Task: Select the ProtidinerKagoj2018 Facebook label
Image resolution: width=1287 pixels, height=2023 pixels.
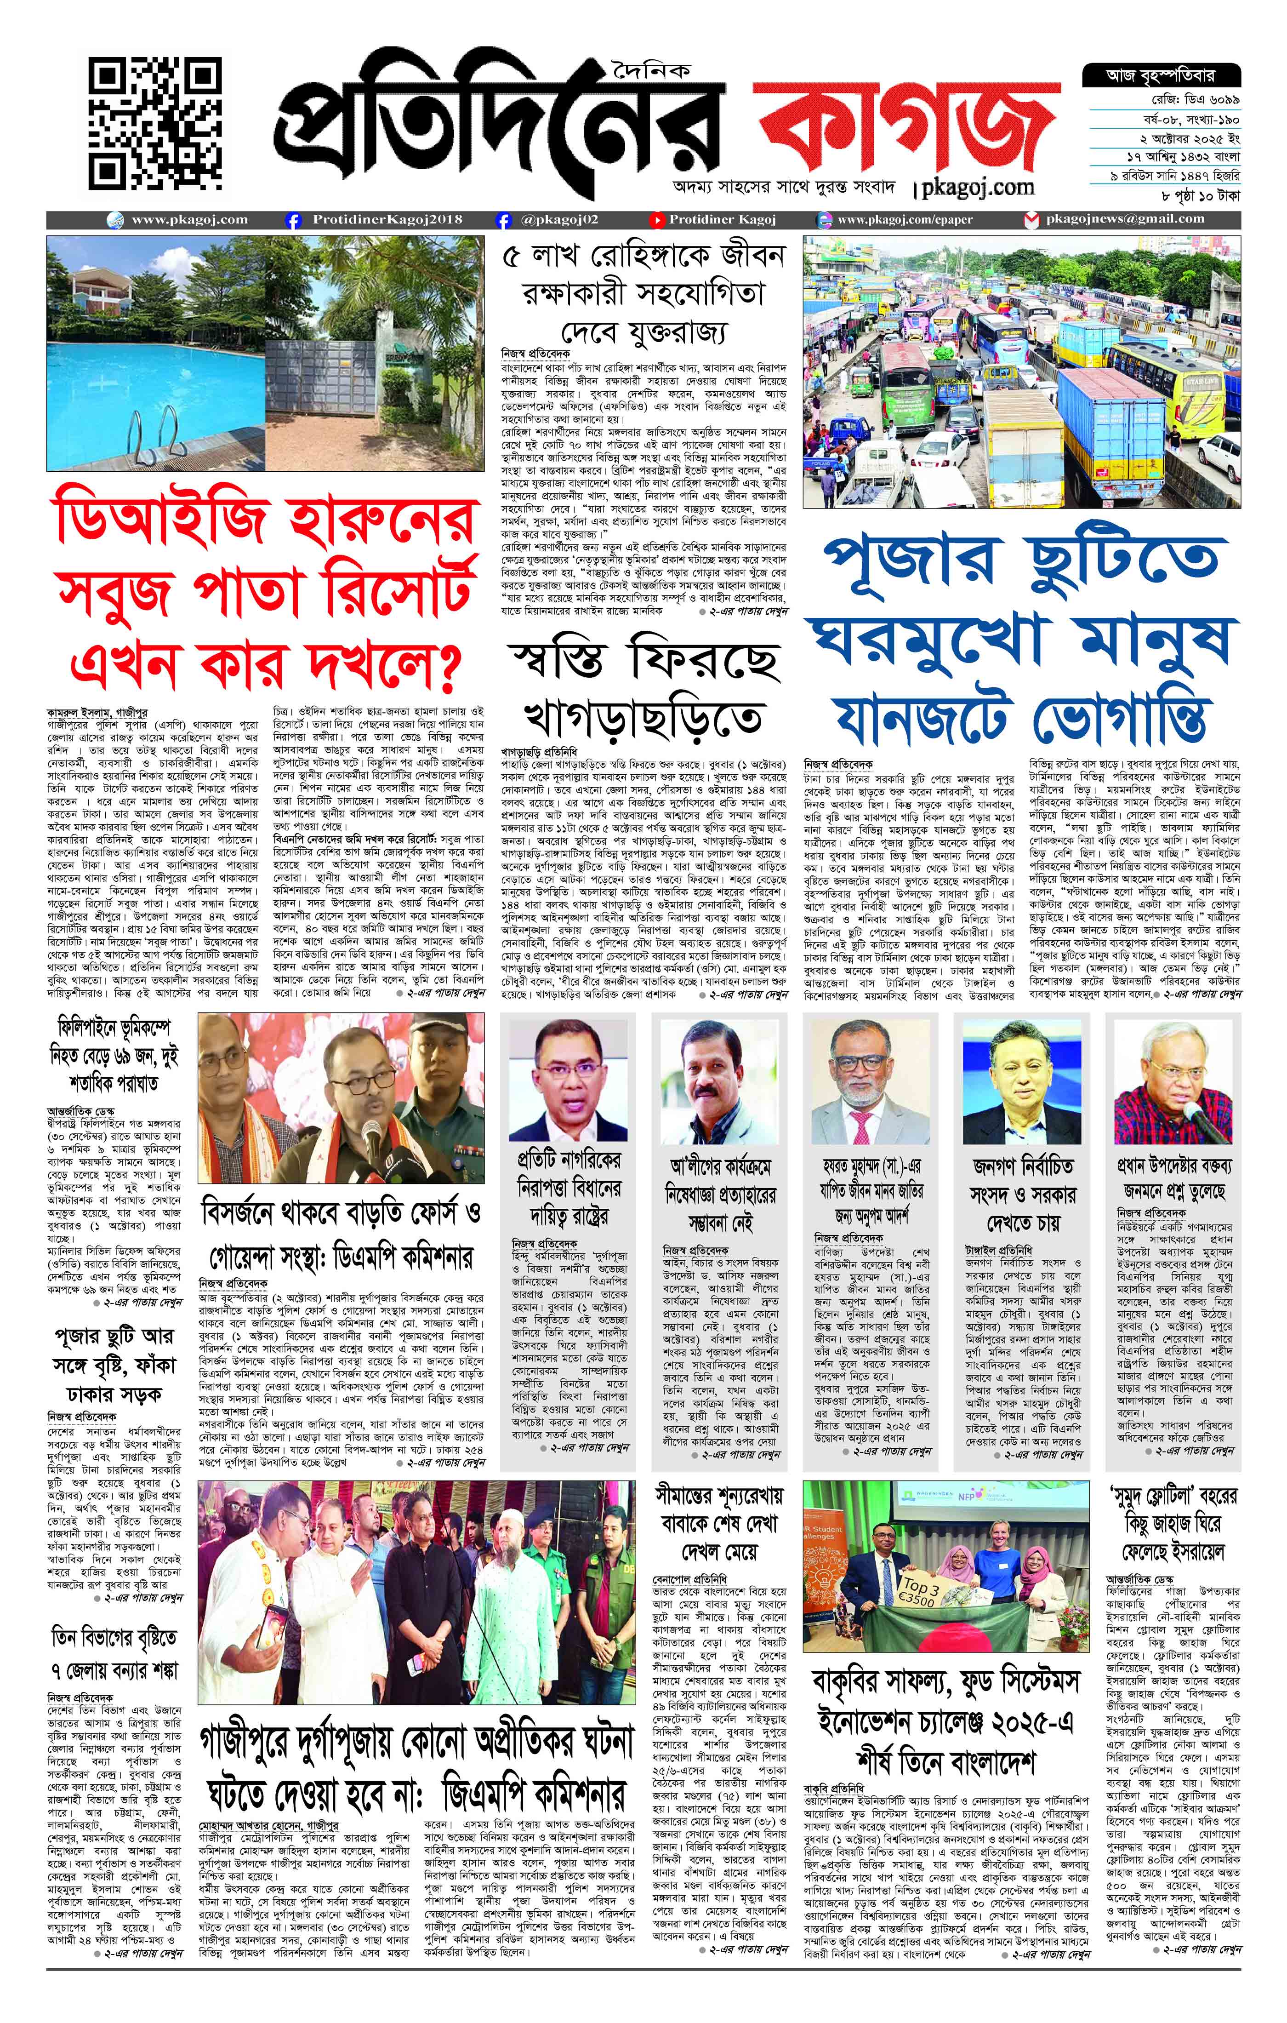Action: [387, 219]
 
